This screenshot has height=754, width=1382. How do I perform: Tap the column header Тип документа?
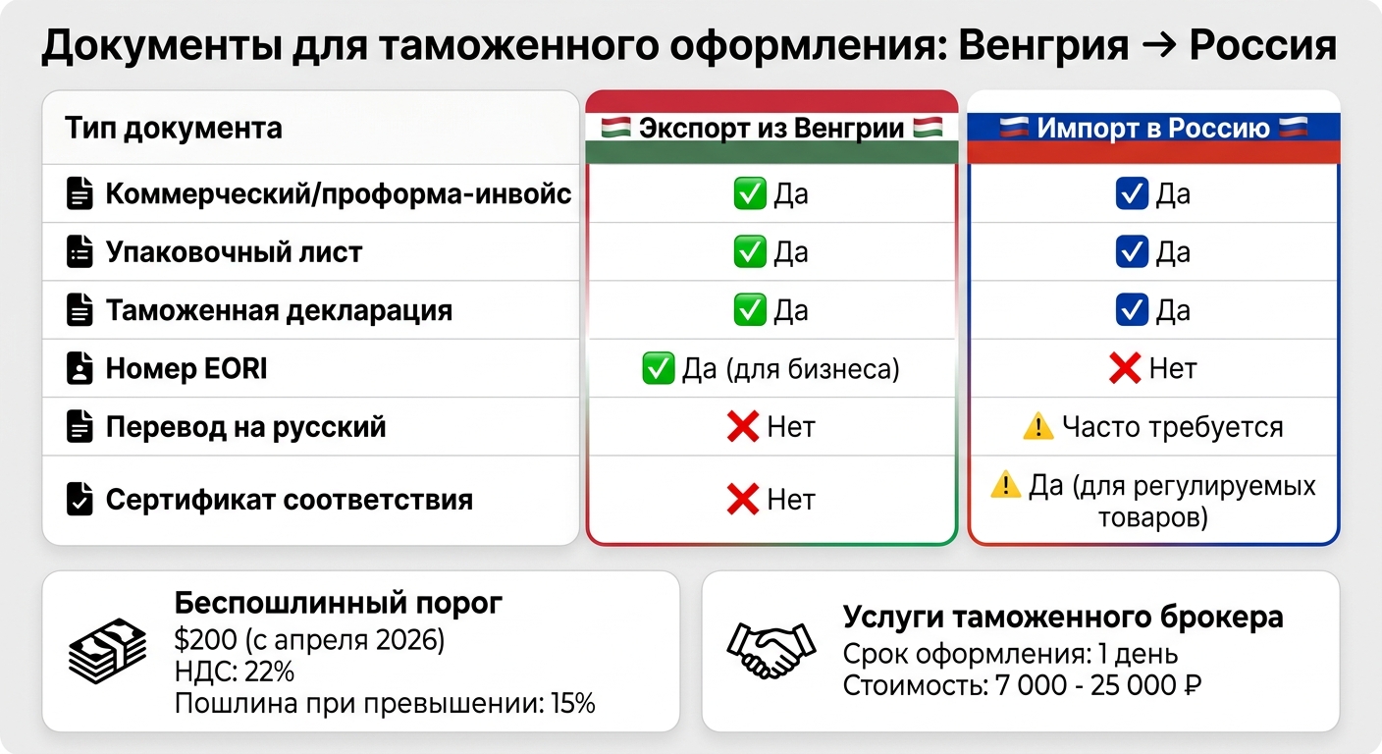[x=174, y=128]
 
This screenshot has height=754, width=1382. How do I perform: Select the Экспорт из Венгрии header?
[x=771, y=128]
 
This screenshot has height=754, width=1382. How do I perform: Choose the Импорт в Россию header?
[x=1153, y=128]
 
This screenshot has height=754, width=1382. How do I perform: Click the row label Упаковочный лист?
[x=234, y=252]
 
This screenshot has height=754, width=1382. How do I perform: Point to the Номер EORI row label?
[x=186, y=369]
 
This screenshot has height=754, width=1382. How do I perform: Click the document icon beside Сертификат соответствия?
[x=79, y=500]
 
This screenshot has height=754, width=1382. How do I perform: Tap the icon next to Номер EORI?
[x=79, y=369]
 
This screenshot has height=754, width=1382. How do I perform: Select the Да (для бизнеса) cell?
[x=771, y=369]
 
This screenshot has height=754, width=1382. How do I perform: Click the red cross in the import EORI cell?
[x=1124, y=369]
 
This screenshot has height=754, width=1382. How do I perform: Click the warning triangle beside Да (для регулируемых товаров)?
[x=1005, y=485]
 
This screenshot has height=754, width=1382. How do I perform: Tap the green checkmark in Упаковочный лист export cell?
[x=750, y=252]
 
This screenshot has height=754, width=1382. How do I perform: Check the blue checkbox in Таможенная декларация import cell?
[x=1132, y=310]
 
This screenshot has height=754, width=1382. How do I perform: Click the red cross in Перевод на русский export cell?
[x=743, y=427]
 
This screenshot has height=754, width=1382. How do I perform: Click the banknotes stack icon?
[x=107, y=651]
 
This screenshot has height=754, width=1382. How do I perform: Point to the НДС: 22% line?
[x=234, y=673]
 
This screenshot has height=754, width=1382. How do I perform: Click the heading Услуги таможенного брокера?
[x=1063, y=618]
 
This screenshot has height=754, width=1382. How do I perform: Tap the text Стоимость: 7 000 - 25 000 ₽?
[x=1022, y=685]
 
